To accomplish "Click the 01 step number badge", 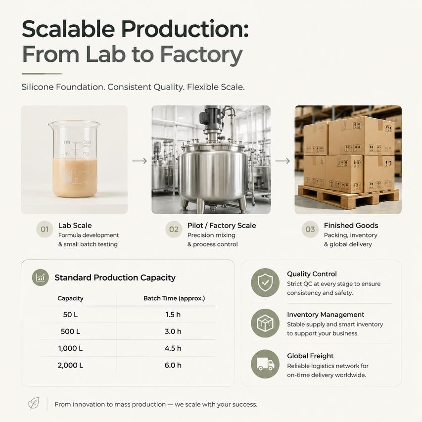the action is [45, 229].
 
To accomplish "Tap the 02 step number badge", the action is [174, 229].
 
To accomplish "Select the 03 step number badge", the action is [310, 229].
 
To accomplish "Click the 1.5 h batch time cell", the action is [173, 315].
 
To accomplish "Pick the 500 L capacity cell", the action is [71, 331].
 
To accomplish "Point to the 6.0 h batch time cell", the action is [173, 365].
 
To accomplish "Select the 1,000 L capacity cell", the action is [71, 348].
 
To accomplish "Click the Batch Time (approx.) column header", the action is [174, 298].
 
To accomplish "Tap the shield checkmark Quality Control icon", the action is [265, 282].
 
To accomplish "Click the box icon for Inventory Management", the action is [265, 323].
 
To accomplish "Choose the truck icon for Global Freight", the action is [265, 364].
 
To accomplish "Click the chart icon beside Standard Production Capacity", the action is [41, 278].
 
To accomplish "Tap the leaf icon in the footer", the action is [34, 404].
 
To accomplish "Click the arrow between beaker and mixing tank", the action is [140, 161].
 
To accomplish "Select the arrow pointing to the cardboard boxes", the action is [282, 161].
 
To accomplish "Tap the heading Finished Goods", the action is [351, 225].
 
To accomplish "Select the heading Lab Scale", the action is [75, 225].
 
